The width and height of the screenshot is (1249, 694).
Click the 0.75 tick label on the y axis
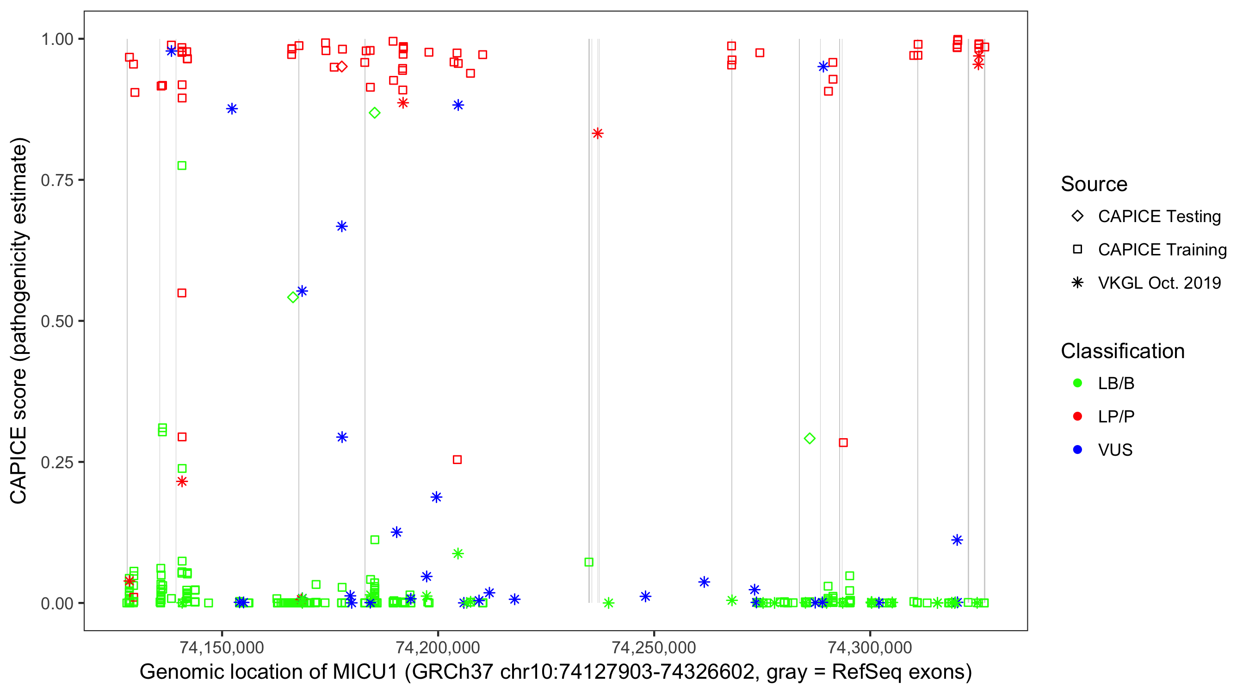click(x=56, y=180)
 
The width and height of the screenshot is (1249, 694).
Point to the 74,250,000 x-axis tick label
click(x=654, y=647)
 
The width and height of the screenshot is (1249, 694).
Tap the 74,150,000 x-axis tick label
click(x=222, y=647)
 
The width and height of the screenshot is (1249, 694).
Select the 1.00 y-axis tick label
click(x=57, y=39)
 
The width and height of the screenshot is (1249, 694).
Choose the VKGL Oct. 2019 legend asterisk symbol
click(x=1077, y=283)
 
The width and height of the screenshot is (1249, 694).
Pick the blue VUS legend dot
click(x=1077, y=450)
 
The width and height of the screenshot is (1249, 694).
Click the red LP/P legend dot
click(x=1077, y=416)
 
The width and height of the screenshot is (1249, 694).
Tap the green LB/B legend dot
click(x=1077, y=383)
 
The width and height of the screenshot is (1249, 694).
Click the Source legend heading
click(x=1094, y=184)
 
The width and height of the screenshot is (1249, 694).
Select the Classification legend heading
click(x=1122, y=351)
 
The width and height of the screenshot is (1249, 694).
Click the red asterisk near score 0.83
click(x=597, y=133)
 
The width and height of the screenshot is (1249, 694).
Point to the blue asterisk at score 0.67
click(x=342, y=227)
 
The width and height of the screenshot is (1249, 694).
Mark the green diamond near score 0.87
click(x=374, y=113)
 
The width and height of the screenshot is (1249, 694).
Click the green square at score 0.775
click(x=182, y=166)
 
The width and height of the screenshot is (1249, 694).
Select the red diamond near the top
click(x=342, y=67)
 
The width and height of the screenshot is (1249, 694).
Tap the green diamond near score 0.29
click(x=809, y=439)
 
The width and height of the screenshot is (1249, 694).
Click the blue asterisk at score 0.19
click(x=436, y=497)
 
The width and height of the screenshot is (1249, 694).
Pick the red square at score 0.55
click(x=182, y=293)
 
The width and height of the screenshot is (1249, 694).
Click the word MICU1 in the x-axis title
click(x=365, y=672)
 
